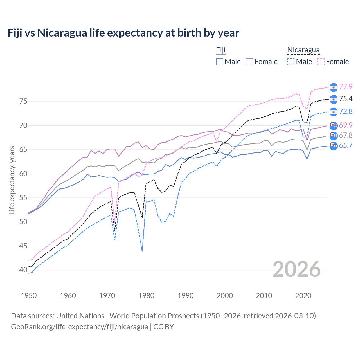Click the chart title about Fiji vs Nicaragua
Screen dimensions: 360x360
123,33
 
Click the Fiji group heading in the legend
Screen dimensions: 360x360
221,50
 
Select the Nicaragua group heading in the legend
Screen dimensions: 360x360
303,50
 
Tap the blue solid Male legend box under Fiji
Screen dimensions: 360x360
220,62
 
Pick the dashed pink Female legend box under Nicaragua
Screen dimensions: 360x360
321,62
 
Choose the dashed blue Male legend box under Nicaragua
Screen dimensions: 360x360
291,62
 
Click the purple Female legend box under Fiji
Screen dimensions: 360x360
250,62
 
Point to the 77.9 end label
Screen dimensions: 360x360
346,87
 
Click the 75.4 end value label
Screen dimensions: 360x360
346,99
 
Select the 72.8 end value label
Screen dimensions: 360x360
346,111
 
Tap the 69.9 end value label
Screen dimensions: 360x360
346,125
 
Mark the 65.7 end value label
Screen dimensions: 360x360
346,145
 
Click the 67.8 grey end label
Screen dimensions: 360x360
346,135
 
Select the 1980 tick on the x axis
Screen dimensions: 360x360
146,296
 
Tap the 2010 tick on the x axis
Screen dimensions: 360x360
264,296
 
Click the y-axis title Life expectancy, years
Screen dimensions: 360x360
12,180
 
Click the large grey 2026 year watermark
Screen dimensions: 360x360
296,269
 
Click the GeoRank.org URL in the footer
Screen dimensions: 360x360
80,327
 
